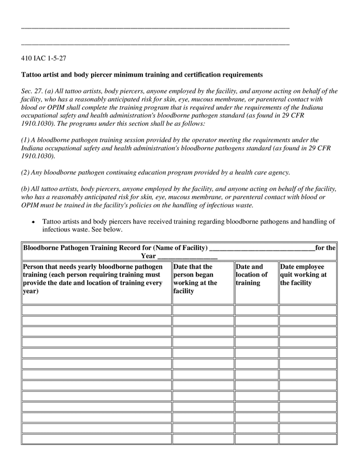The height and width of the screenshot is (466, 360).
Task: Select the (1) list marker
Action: point(26,140)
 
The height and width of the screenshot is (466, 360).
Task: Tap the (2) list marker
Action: point(26,172)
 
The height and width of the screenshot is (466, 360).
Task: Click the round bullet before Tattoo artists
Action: point(34,222)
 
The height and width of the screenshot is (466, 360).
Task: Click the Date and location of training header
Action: point(252,275)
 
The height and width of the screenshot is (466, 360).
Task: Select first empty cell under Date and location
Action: point(256,310)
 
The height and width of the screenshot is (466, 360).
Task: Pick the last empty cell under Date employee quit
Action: point(308,439)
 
